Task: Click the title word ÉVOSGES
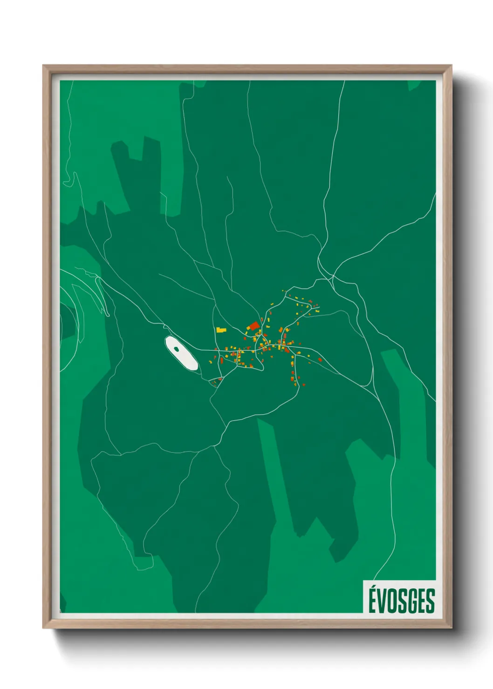pyautogui.click(x=401, y=601)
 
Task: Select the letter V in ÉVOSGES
pyautogui.click(x=382, y=601)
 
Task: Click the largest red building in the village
pyautogui.click(x=254, y=325)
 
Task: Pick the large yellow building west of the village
pyautogui.click(x=220, y=330)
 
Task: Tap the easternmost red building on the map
pyautogui.click(x=320, y=360)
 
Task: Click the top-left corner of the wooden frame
pyautogui.click(x=43, y=66)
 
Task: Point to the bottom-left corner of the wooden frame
pyautogui.click(x=43, y=628)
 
